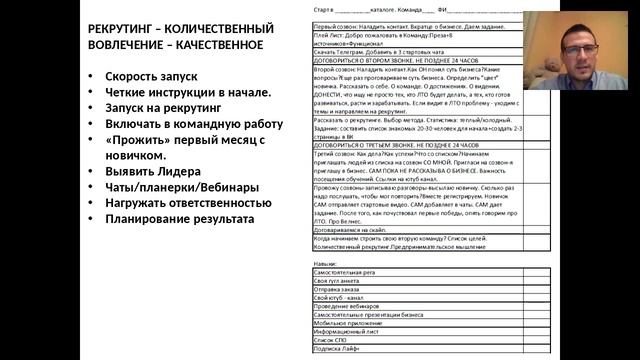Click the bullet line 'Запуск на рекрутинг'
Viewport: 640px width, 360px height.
coord(166,109)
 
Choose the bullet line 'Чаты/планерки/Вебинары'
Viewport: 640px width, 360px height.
coord(175,187)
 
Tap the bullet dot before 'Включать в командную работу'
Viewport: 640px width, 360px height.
coord(91,125)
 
